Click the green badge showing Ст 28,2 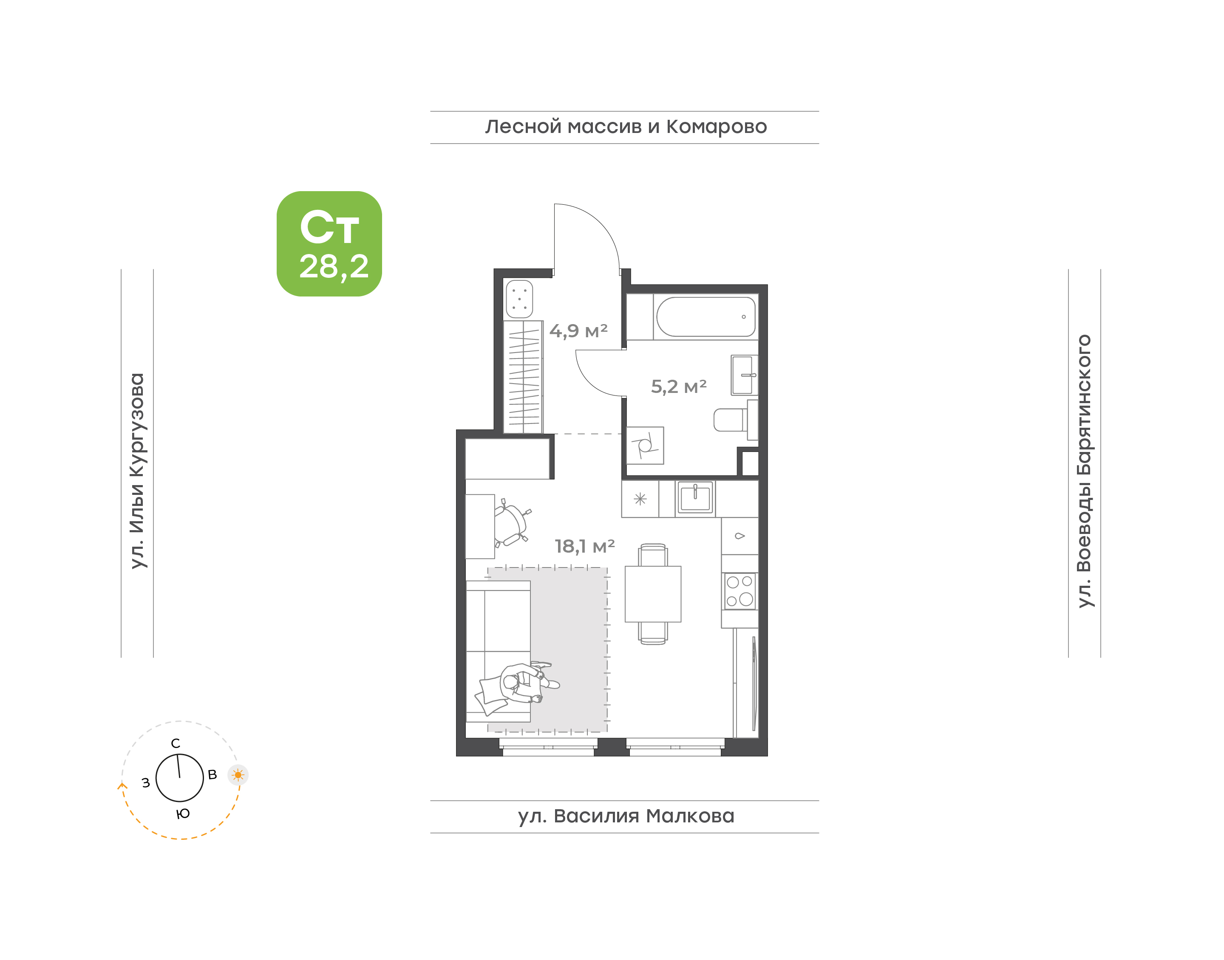(x=329, y=243)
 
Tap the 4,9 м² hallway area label (x=578, y=331)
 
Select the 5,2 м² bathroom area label (x=679, y=387)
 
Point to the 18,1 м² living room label (x=585, y=546)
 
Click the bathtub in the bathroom (x=705, y=317)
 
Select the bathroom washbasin (x=744, y=375)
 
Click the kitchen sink (x=695, y=498)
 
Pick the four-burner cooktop (x=739, y=591)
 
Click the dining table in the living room (x=653, y=594)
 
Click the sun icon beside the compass (x=238, y=775)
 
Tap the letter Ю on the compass (x=183, y=814)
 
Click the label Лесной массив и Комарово (x=626, y=127)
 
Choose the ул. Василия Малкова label (x=626, y=816)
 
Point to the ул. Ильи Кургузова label (x=137, y=471)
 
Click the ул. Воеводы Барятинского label (x=1084, y=471)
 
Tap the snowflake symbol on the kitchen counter (x=640, y=499)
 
